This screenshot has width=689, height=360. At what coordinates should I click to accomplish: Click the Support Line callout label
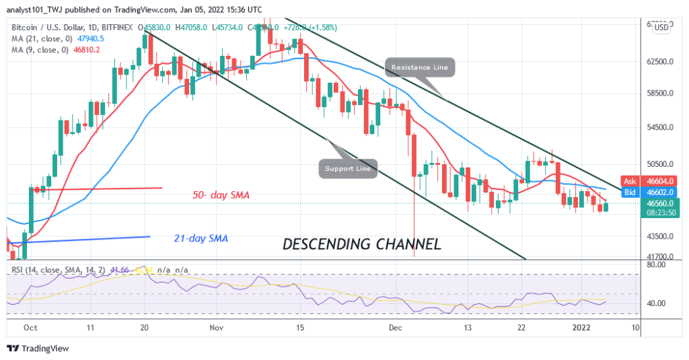(348, 168)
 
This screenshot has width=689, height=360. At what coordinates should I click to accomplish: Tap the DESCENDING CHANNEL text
(362, 244)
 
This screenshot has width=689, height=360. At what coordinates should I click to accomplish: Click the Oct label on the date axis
(30, 328)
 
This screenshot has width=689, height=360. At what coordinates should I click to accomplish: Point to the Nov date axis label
(216, 328)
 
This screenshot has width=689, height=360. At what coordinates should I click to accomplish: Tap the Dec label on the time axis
(395, 328)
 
